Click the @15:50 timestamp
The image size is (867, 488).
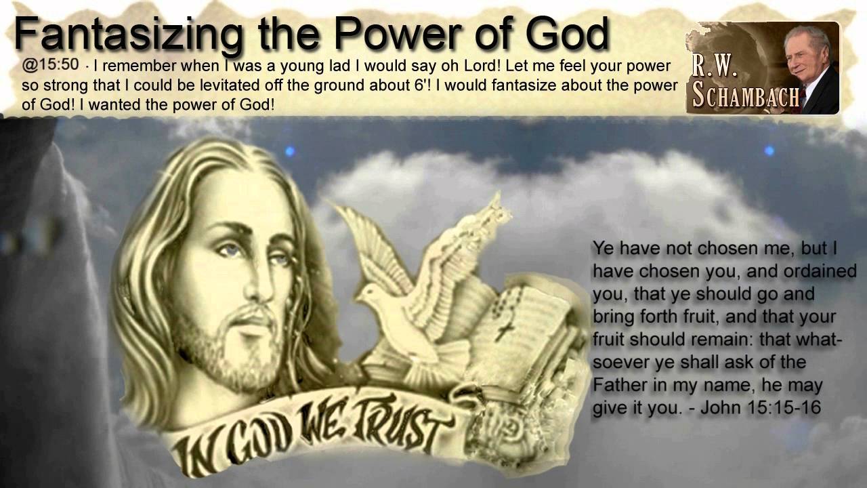50,66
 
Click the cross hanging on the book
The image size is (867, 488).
503,331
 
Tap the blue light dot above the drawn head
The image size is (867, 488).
290,150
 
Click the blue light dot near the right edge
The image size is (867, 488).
768,150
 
